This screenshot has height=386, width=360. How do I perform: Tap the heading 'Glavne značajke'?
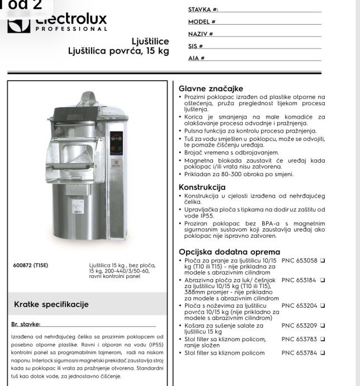click(x=210, y=88)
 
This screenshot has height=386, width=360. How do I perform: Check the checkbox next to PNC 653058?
click(x=323, y=261)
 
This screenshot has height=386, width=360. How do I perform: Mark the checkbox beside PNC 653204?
click(x=323, y=306)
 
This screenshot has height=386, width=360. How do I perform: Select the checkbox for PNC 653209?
click(x=323, y=325)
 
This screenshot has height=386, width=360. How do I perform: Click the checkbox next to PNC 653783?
click(x=323, y=338)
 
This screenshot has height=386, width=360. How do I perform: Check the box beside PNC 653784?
click(x=323, y=352)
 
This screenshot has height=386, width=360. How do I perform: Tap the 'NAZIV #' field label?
click(x=201, y=34)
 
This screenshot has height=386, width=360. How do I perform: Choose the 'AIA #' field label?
click(x=197, y=58)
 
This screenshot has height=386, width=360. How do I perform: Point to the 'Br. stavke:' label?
click(x=26, y=323)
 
